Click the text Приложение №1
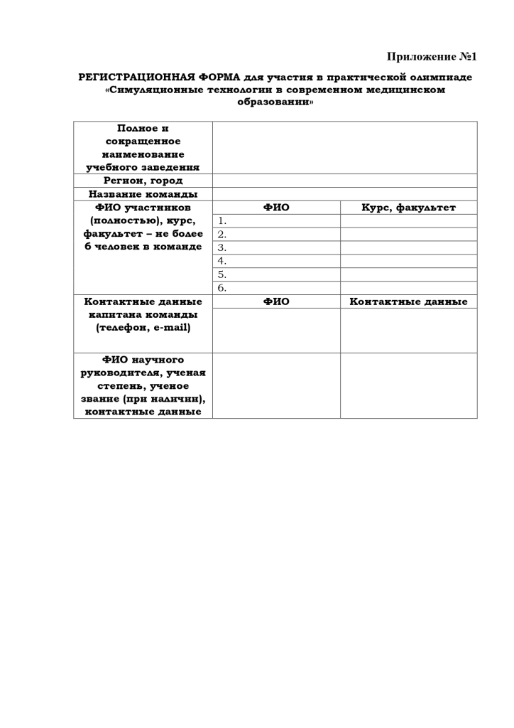[x=432, y=56]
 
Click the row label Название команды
[x=143, y=194]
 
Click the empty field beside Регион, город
[x=344, y=181]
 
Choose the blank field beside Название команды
[x=344, y=194]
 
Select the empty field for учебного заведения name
[x=344, y=147]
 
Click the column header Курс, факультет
[x=408, y=208]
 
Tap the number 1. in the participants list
[x=222, y=221]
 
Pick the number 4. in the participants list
[x=222, y=261]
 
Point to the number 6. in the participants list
[x=222, y=288]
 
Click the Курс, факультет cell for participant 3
[x=408, y=247]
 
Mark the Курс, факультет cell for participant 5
[x=408, y=274]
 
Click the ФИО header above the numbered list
[x=276, y=208]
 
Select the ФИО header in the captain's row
[x=276, y=301]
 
